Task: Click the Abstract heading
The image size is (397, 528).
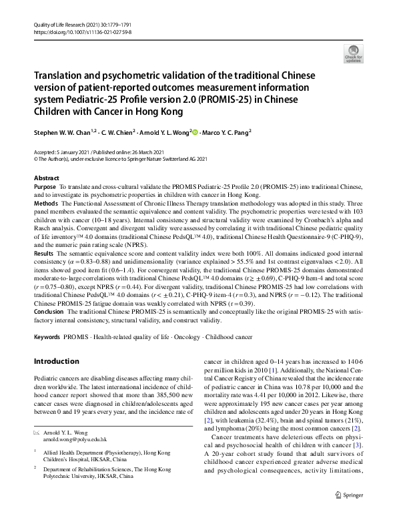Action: [47, 179]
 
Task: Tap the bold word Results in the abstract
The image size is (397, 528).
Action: [44, 254]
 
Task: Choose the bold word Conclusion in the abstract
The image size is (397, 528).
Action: [49, 312]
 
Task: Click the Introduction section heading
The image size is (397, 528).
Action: [56, 362]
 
